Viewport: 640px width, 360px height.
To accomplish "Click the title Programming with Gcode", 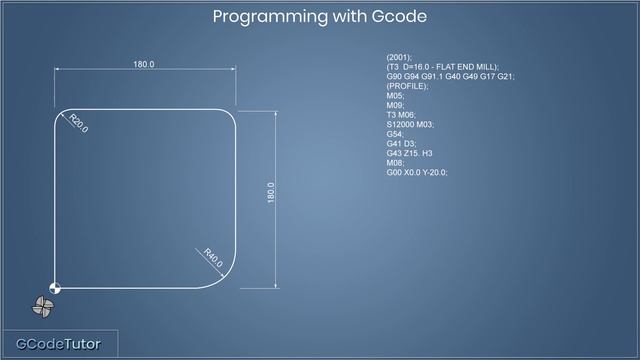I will tap(320, 17).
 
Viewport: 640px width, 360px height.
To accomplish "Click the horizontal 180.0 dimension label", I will tap(144, 65).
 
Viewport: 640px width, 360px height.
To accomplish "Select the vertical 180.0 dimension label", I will tap(271, 193).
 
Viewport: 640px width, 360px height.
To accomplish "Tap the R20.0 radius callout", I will tap(78, 124).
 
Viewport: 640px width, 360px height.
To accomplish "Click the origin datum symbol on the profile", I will tap(55, 288).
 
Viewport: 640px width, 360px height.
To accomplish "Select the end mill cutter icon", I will tap(44, 308).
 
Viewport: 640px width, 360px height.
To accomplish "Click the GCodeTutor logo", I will tap(58, 344).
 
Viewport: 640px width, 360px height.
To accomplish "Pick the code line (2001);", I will tap(398, 57).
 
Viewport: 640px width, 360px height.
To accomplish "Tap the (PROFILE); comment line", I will tap(407, 86).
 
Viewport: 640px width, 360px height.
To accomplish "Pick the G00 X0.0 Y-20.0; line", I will tap(417, 172).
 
